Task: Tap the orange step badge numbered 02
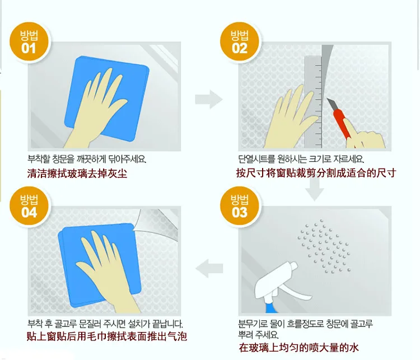coord(240,43)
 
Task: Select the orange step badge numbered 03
coord(240,207)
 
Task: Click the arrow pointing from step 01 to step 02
coord(209,99)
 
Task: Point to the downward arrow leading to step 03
coord(315,189)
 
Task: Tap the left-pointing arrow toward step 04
coord(209,268)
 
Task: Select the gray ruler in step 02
coord(313,102)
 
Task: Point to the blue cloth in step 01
coord(106,99)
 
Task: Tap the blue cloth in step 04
coord(100,265)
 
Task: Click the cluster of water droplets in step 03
coord(324,246)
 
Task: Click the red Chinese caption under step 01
coord(77,174)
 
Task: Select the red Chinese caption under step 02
coord(316,173)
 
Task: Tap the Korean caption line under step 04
coord(105,324)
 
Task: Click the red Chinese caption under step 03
coord(298,348)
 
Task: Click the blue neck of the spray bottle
coord(272,307)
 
